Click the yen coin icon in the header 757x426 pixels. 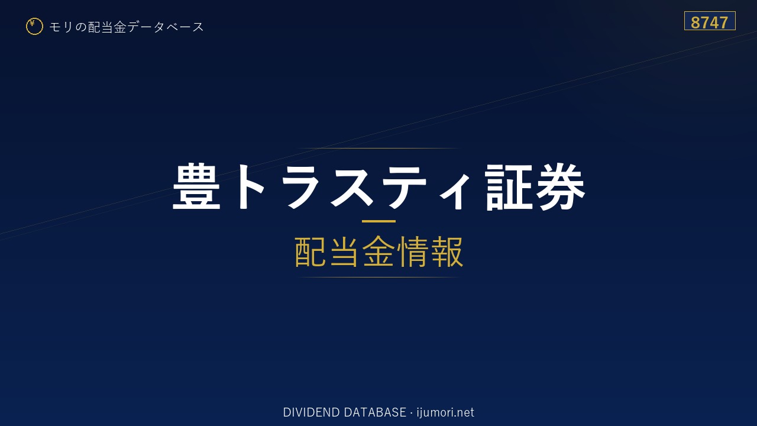tap(34, 27)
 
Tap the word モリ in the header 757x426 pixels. tap(61, 27)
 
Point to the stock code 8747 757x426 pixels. tap(709, 22)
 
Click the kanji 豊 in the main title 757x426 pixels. tap(196, 186)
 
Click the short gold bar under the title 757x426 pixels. tap(378, 221)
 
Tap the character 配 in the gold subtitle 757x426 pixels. tap(310, 252)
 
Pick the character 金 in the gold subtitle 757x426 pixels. tap(378, 252)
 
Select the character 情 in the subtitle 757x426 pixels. tap(413, 252)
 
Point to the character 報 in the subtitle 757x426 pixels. tap(447, 252)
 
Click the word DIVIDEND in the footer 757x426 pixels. tap(311, 412)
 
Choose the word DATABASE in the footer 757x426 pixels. tap(375, 412)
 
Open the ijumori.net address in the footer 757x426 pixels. tap(445, 412)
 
